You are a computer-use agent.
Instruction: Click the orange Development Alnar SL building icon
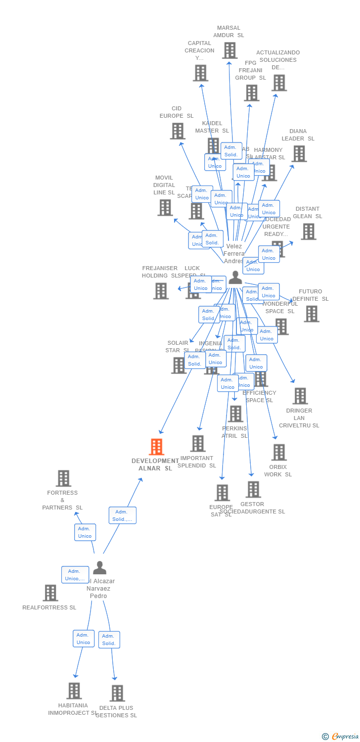pos(156,447)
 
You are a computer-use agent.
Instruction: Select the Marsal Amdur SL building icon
pos(229,50)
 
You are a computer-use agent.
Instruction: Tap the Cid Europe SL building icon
pos(178,131)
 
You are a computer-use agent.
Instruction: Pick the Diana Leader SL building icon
pos(299,154)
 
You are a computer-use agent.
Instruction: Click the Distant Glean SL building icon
pos(309,232)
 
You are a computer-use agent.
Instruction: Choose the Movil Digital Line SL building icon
pos(165,208)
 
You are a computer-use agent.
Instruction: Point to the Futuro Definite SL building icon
pos(312,314)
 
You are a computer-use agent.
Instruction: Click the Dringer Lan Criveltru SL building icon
pos(300,396)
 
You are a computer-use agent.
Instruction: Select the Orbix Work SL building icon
pos(279,452)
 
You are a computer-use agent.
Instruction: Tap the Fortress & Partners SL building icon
pos(63,478)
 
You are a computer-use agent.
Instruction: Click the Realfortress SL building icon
pos(50,593)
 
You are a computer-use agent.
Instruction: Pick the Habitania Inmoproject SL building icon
pos(74,691)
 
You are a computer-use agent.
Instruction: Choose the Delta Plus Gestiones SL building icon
pos(117,693)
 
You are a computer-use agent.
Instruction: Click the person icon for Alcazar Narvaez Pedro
pos(99,568)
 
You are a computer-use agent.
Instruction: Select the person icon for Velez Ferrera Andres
pos(235,278)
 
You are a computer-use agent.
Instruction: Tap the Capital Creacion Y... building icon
pos(200,73)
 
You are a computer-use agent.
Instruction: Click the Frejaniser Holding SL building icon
pos(161,291)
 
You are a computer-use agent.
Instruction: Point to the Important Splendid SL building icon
pos(198,443)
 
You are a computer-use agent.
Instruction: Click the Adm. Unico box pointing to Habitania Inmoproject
pos(83,639)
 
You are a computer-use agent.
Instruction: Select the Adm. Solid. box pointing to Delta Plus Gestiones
pos(109,640)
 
